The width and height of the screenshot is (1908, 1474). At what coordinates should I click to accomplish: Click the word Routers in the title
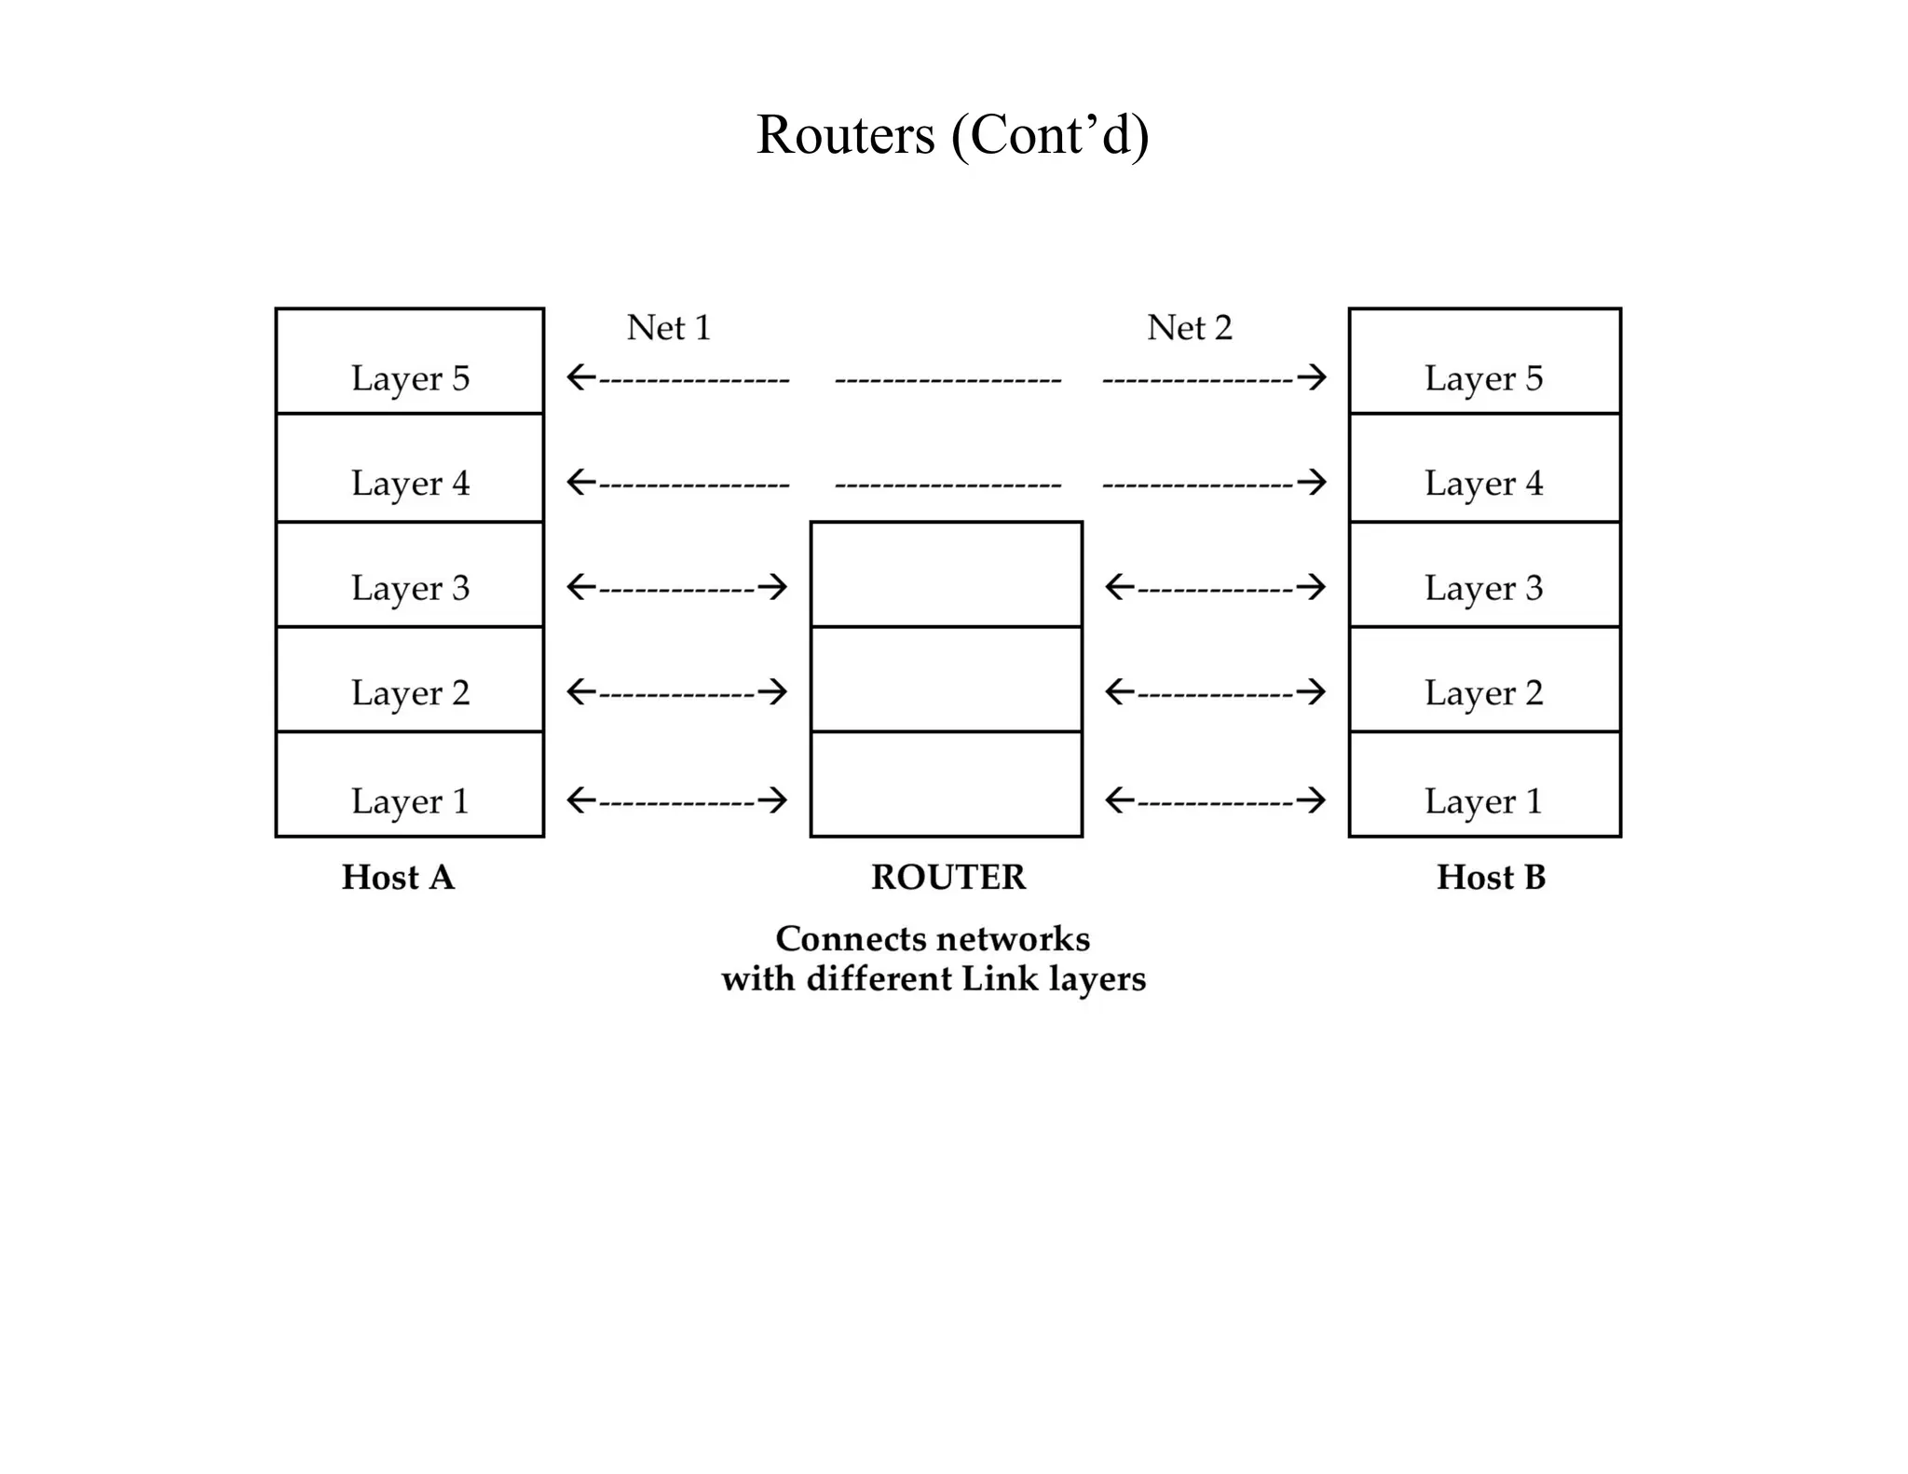coord(844,135)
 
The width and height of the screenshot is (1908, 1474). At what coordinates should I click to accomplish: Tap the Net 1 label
coord(668,328)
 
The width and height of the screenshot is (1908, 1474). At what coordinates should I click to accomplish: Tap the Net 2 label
coord(1189,328)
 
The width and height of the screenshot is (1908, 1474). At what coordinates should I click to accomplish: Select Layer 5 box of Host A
coord(410,362)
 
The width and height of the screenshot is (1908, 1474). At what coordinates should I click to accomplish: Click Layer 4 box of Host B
coord(1484,468)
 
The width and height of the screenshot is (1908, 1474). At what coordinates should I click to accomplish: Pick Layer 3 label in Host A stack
coord(410,588)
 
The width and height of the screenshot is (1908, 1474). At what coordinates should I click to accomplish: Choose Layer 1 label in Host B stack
coord(1483,801)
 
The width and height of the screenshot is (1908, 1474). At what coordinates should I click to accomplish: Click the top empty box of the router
coord(946,574)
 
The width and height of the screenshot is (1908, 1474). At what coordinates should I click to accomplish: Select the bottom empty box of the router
coord(946,784)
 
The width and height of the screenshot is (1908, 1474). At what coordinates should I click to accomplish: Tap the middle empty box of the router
coord(946,679)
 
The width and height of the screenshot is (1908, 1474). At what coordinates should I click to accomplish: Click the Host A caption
coord(398,878)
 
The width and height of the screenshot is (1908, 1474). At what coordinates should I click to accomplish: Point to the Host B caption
coord(1491,878)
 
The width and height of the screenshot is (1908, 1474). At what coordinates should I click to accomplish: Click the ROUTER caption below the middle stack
coord(947,878)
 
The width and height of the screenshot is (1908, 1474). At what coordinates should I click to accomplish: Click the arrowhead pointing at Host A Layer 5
coord(579,378)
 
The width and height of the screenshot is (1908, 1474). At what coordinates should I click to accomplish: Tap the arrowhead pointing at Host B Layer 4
coord(1314,483)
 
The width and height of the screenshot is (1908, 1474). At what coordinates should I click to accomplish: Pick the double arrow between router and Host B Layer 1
coord(1215,800)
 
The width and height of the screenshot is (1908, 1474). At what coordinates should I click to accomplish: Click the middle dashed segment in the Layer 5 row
coord(947,380)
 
